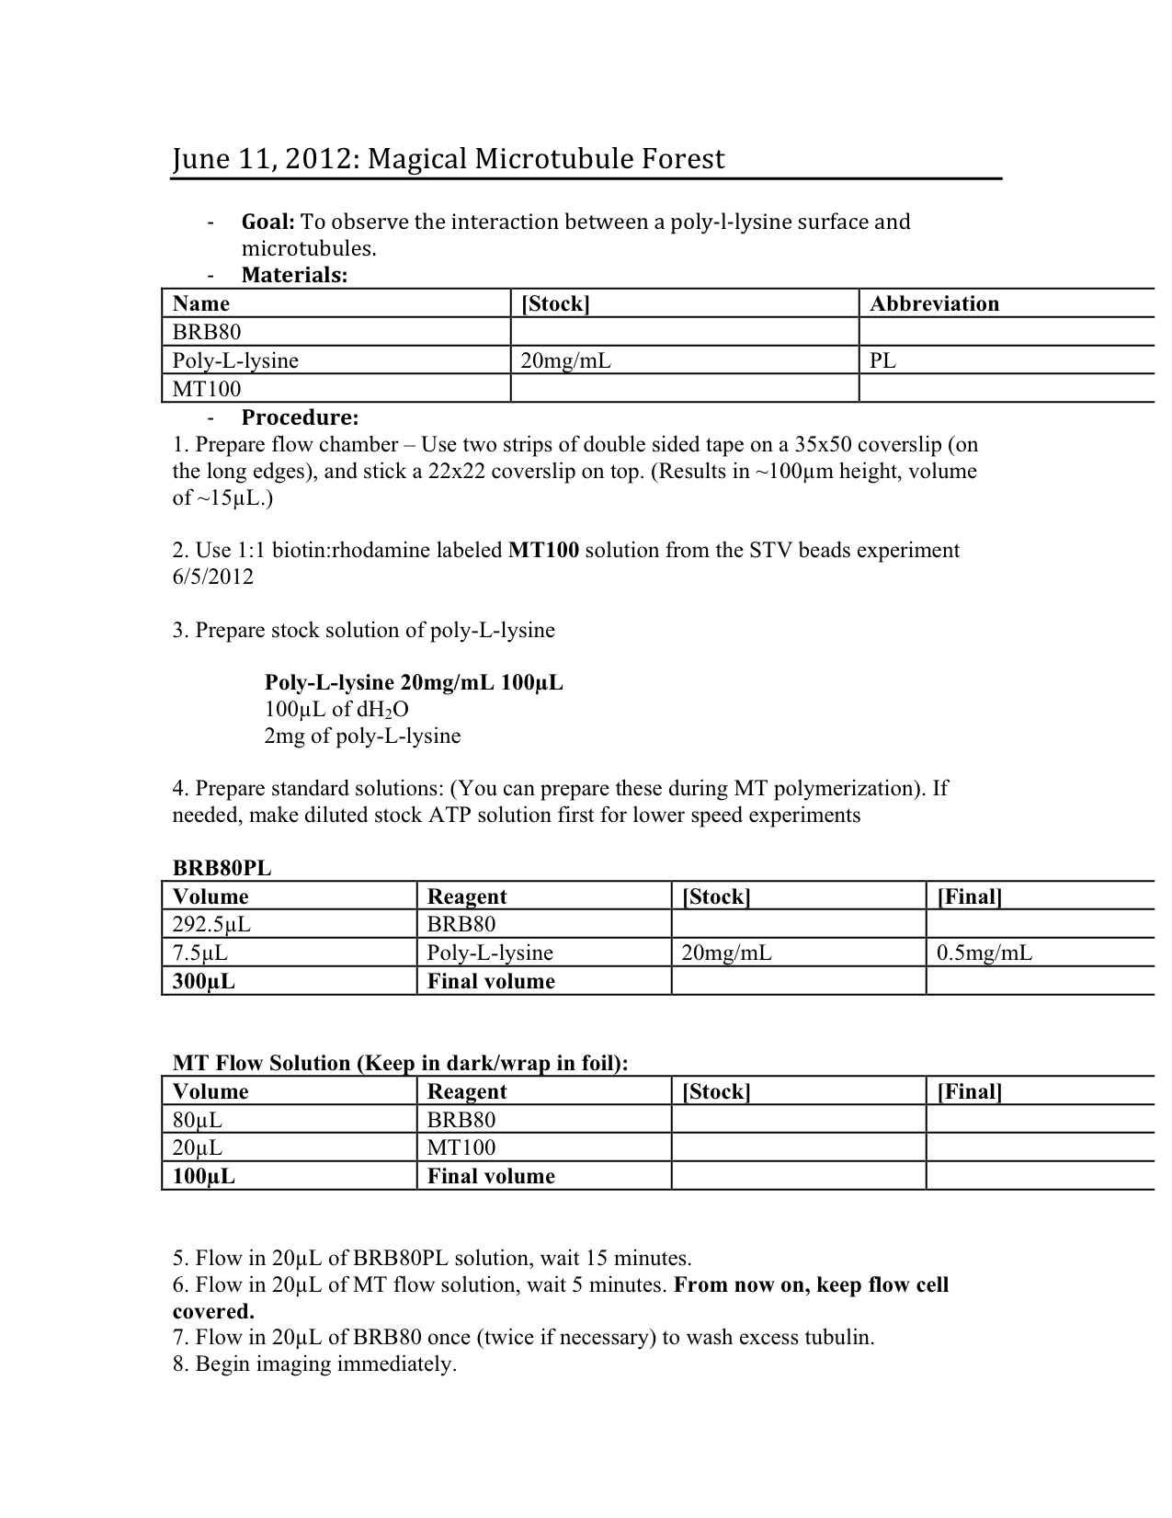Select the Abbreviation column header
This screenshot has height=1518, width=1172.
[x=934, y=304]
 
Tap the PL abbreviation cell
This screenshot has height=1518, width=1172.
[x=882, y=360]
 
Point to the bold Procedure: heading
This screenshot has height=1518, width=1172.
[x=300, y=417]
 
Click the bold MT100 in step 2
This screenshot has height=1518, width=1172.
[x=543, y=551]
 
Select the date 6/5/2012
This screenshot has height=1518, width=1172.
[x=212, y=577]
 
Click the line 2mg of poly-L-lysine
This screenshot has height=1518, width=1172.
[x=362, y=736]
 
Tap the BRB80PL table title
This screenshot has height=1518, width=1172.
[x=222, y=868]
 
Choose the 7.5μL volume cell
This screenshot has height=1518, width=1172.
[x=200, y=953]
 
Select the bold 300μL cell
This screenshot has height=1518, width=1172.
[x=204, y=982]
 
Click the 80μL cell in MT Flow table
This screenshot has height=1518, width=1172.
[x=198, y=1120]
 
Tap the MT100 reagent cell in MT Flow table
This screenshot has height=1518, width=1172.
[x=461, y=1148]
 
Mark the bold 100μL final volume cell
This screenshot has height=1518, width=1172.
[x=204, y=1177]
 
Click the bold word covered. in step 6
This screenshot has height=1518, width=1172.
[x=213, y=1312]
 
